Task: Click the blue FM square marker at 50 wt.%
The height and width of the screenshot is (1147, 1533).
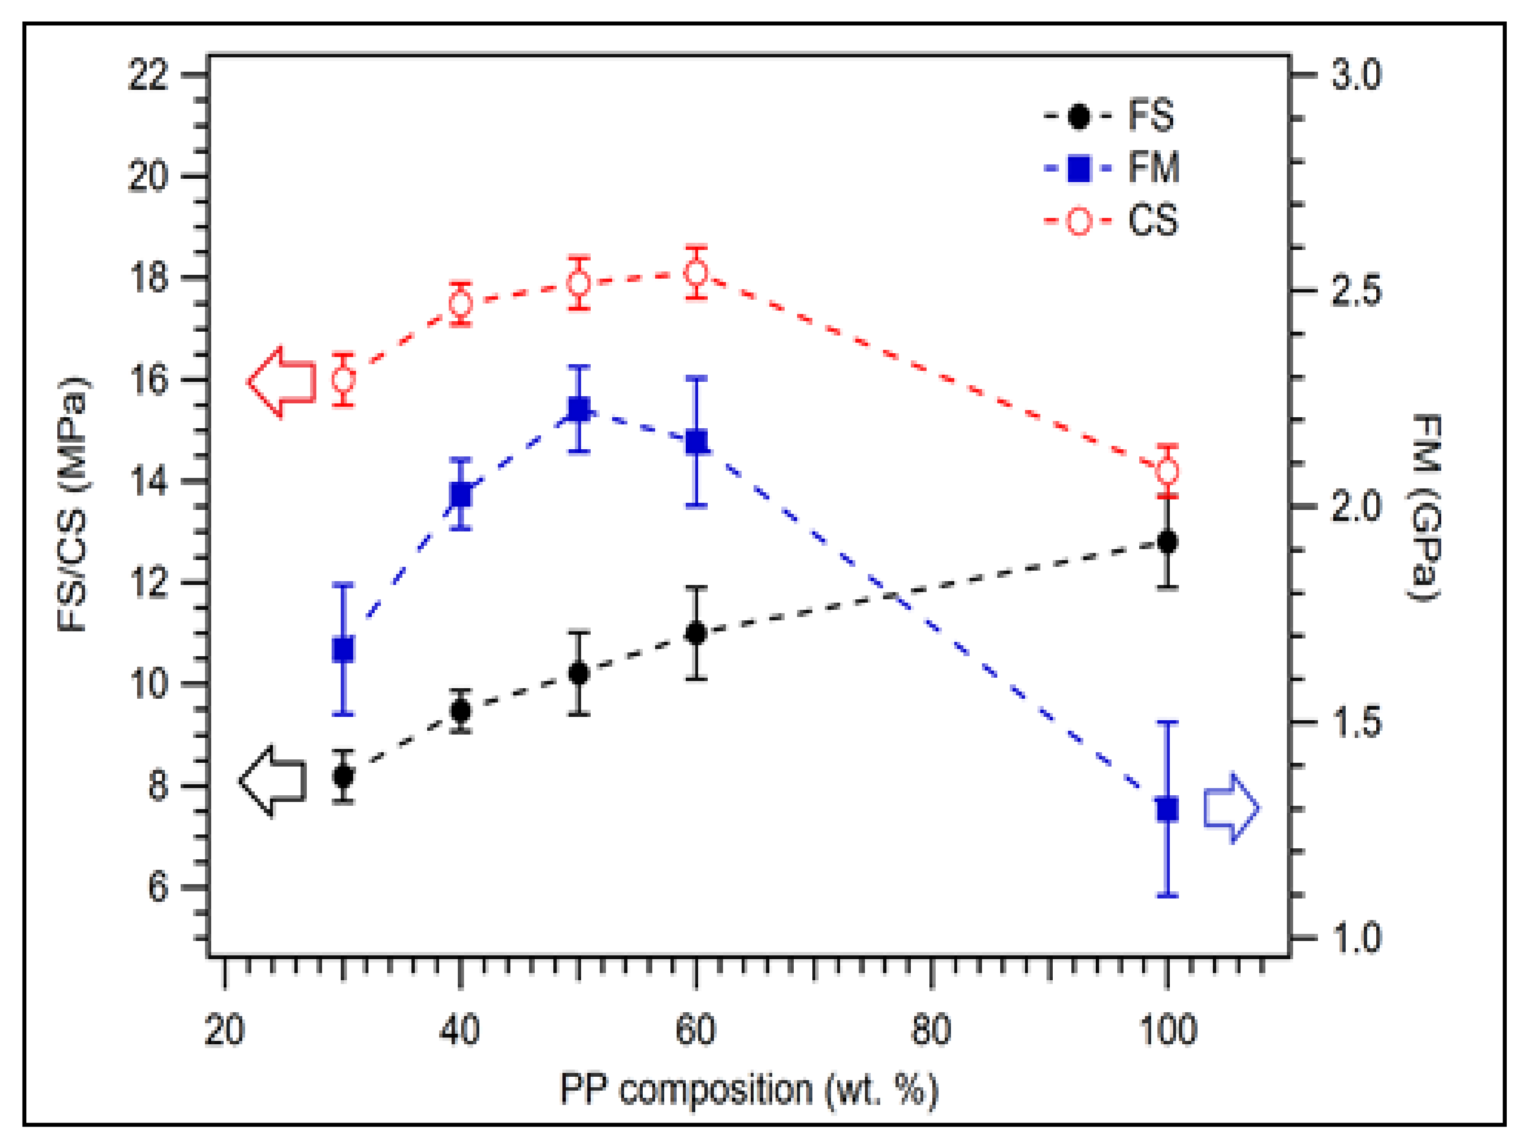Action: (x=579, y=409)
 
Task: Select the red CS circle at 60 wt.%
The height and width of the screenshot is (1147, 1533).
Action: (x=697, y=272)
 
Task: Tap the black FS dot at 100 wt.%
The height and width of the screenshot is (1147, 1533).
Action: (x=1168, y=541)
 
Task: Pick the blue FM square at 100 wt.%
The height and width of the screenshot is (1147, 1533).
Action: (x=1168, y=809)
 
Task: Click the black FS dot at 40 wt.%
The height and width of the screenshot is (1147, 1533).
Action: (x=461, y=710)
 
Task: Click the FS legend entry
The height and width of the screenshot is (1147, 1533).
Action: (x=1109, y=116)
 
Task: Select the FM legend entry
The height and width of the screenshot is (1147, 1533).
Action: (x=1109, y=168)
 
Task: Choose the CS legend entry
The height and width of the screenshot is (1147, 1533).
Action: (x=1109, y=220)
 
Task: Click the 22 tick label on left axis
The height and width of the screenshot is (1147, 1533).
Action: (x=148, y=74)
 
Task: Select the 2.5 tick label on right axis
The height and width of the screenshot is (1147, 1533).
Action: (x=1356, y=291)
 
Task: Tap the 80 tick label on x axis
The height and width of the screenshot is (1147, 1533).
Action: (x=931, y=1030)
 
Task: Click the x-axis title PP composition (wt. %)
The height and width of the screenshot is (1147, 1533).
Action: (x=748, y=1090)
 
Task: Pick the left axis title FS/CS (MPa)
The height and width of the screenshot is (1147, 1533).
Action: (x=73, y=505)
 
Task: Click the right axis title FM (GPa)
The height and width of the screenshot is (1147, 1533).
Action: (x=1426, y=508)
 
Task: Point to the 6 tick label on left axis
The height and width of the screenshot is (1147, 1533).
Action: (x=158, y=887)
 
